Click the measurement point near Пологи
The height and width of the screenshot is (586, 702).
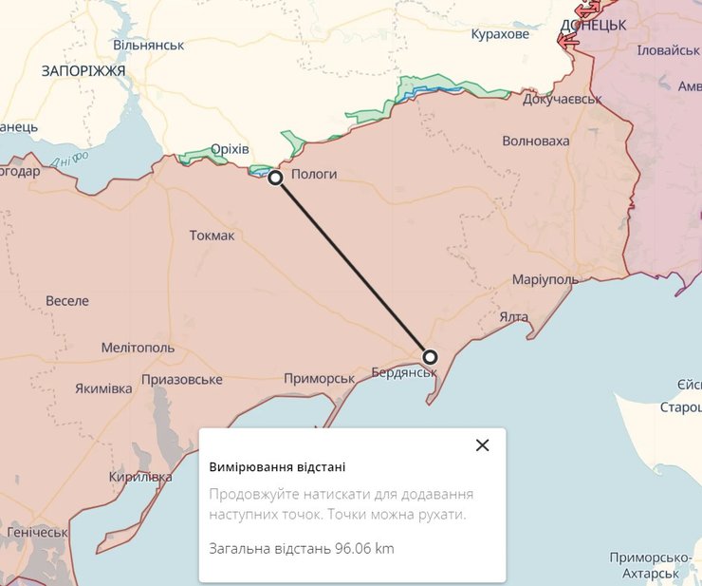275,178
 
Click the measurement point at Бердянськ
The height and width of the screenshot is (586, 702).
430,357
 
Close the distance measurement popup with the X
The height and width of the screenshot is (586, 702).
482,444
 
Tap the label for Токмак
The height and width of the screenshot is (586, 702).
212,236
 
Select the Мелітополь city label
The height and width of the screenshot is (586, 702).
138,348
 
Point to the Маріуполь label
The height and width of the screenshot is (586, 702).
545,280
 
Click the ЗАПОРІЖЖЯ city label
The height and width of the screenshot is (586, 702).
83,71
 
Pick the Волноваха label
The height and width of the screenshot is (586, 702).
536,142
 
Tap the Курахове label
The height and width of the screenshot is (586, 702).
500,34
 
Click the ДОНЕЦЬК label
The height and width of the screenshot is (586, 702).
593,26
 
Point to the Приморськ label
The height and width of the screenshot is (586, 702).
319,378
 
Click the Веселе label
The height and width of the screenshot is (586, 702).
67,301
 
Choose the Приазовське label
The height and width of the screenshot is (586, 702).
181,380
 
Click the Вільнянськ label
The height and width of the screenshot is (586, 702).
147,45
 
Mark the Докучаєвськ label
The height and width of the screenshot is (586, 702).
563,99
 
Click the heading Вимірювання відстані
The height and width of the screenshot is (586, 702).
277,467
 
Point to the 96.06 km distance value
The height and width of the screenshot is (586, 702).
364,549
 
